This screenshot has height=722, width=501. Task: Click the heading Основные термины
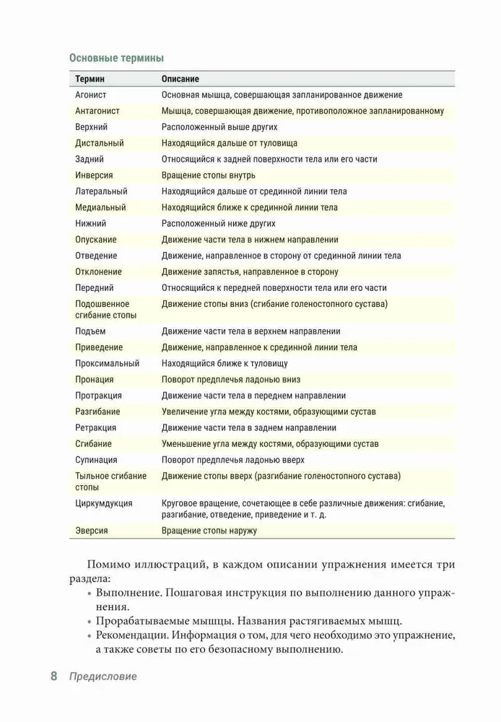pos(116,58)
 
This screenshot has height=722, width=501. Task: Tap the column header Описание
pos(180,79)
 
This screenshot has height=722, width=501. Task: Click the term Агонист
pos(91,95)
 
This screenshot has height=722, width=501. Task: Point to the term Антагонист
pos(97,111)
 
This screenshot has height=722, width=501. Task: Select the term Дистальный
pos(100,143)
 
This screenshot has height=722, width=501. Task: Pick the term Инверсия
pos(94,175)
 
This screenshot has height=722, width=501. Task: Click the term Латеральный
pos(101,191)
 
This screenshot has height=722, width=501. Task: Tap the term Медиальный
pos(100,207)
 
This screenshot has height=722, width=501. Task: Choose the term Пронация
pos(95,380)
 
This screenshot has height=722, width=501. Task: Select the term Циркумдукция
pos(103,503)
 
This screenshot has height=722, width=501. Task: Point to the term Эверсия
pos(92,531)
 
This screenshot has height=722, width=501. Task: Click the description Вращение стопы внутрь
pos(209,175)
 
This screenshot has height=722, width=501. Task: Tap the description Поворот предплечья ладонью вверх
pos(232,460)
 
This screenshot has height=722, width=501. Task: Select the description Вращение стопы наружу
pos(209,531)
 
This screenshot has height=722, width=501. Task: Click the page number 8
pos(54,677)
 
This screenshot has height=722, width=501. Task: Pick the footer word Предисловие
pos(103,677)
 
